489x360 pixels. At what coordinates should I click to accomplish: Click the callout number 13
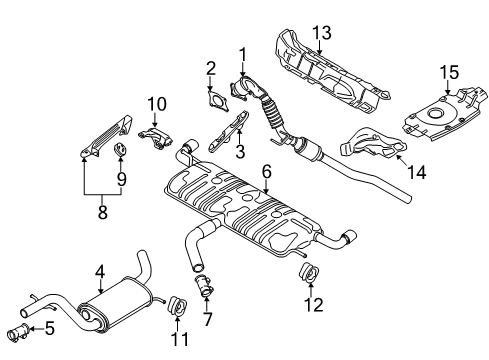click(x=322, y=33)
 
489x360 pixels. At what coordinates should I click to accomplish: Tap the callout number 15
click(x=449, y=72)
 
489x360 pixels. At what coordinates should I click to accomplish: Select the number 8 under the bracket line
click(x=102, y=212)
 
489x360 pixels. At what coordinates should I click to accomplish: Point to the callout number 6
click(x=267, y=172)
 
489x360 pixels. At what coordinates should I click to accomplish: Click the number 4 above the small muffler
click(x=100, y=272)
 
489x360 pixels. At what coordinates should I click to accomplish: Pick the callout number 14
click(x=417, y=172)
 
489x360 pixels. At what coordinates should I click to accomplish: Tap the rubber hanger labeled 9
click(x=120, y=150)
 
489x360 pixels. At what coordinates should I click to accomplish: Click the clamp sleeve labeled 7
click(x=204, y=286)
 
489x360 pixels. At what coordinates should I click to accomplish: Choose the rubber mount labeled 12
click(x=308, y=272)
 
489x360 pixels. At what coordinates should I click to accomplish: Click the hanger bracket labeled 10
click(x=154, y=137)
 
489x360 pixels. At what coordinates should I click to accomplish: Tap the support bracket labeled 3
click(x=229, y=131)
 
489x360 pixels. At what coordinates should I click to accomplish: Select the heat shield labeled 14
click(x=373, y=145)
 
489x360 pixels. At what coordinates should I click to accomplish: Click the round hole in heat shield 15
click(x=435, y=113)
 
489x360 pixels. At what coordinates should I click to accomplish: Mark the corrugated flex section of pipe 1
click(x=272, y=113)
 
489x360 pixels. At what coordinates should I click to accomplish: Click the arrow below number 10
click(x=154, y=119)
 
